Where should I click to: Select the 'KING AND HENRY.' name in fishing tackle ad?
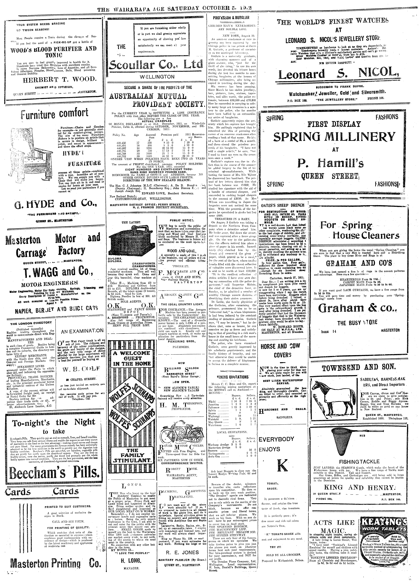pyautogui.click(x=359, y=488)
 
